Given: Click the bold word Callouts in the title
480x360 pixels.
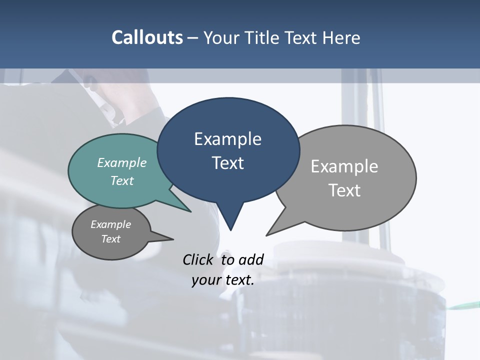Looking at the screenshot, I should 147,37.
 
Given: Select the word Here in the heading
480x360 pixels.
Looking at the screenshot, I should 341,37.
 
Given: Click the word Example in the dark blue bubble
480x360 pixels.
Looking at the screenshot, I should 227,139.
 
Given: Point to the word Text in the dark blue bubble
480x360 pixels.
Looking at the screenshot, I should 227,163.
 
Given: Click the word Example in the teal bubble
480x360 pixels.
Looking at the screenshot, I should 122,162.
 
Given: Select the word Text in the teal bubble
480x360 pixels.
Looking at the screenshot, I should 122,180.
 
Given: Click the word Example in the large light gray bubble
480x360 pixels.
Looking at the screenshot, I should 344,166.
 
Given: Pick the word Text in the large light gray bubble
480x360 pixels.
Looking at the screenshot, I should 344,190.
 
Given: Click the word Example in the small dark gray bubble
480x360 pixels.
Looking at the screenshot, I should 111,224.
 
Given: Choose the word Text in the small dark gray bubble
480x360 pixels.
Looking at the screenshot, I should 111,239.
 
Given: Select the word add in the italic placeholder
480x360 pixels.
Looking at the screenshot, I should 251,259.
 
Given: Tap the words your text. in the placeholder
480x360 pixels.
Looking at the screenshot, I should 223,280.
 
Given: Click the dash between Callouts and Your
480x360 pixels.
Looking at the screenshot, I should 193,38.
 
